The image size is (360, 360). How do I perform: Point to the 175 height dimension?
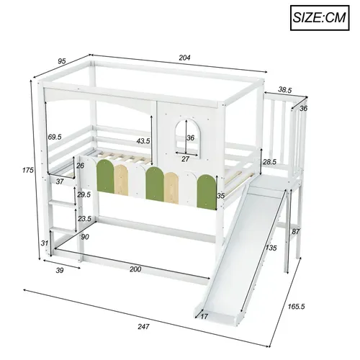pos(27,171)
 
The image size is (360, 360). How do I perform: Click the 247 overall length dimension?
pos(144,327)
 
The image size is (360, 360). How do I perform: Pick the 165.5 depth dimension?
pos(315,305)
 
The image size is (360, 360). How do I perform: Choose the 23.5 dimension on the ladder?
pos(85,219)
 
